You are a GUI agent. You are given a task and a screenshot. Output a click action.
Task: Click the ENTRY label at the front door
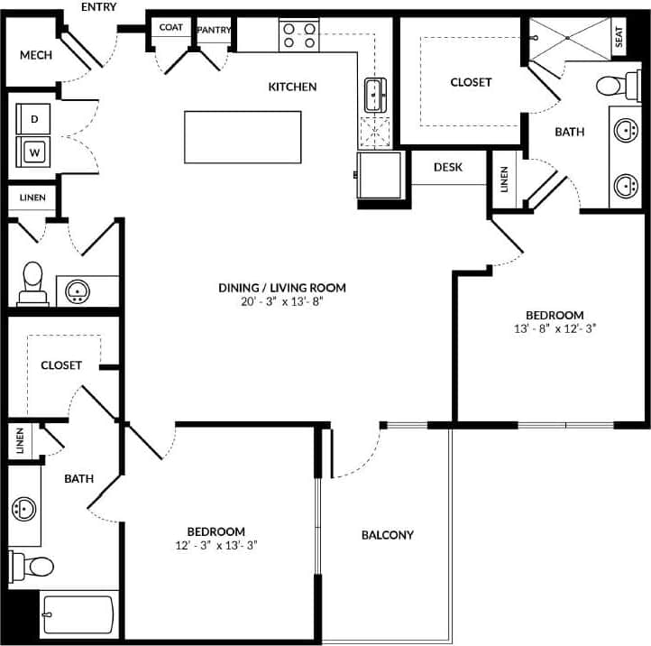[99, 7]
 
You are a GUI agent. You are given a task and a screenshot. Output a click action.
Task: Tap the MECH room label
[35, 55]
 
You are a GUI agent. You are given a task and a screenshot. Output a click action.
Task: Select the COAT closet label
[171, 28]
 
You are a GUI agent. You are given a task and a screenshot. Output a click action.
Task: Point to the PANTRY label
[214, 30]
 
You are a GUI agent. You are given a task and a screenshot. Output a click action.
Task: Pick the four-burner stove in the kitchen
[299, 35]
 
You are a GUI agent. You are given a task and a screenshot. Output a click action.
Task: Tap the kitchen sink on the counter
[374, 92]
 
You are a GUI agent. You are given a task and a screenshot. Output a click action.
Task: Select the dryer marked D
[35, 118]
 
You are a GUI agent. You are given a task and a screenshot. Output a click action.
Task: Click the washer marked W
[35, 152]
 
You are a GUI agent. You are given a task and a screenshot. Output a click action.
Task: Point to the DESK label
[448, 167]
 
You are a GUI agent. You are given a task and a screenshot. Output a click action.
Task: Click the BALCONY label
[387, 535]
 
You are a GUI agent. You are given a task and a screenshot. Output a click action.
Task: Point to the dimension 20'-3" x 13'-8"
[282, 302]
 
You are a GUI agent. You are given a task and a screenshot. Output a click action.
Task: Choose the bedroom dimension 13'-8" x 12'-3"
[555, 329]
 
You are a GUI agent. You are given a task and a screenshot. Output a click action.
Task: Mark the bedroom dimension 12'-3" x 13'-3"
[215, 545]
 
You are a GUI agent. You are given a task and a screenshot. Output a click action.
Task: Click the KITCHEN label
[292, 87]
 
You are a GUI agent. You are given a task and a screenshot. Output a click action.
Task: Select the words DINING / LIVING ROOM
[282, 288]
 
